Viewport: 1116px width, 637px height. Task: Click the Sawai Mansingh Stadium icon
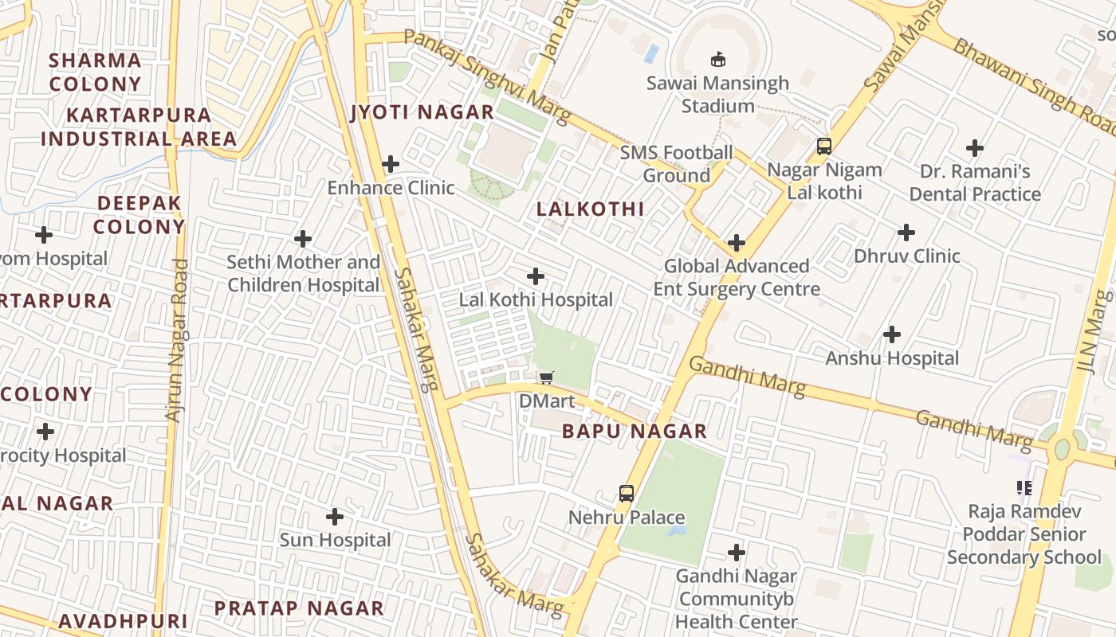[x=717, y=59]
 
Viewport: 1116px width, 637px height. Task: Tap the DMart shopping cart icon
[x=546, y=377]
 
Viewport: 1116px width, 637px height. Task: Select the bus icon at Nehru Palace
[x=627, y=494]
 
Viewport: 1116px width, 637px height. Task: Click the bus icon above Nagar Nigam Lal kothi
[x=824, y=147]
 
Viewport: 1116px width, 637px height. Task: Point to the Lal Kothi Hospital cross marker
[x=536, y=276]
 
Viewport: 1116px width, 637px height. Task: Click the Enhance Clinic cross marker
[x=391, y=165]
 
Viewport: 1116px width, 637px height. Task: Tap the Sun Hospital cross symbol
[x=335, y=517]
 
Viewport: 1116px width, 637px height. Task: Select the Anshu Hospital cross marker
[x=892, y=334]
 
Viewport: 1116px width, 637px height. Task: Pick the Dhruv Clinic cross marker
[x=906, y=233]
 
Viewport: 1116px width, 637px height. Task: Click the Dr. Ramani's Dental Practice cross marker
[x=974, y=148]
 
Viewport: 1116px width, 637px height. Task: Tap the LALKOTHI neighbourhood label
[x=590, y=209]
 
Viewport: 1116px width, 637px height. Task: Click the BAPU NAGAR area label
[x=635, y=432]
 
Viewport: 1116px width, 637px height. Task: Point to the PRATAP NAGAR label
[x=299, y=608]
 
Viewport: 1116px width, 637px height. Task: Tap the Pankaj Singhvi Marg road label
[x=487, y=76]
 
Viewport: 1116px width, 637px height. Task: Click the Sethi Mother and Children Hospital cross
[x=303, y=238]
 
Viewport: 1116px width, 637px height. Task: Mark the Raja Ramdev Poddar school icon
[x=1024, y=487]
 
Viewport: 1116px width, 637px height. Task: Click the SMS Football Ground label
[x=676, y=164]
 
